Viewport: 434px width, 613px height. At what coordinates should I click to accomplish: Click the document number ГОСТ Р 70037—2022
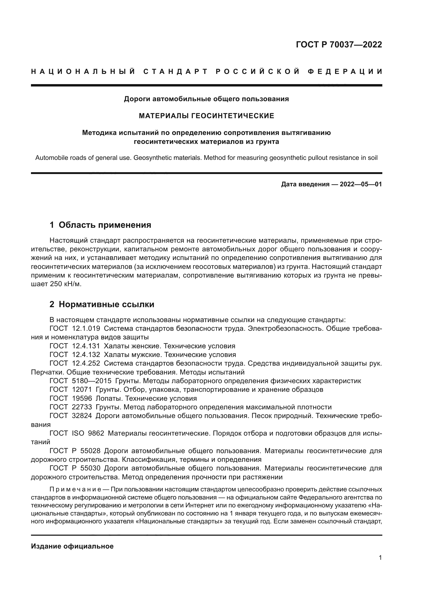(x=339, y=45)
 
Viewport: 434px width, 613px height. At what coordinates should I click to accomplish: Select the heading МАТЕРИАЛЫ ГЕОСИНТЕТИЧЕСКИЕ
(x=206, y=116)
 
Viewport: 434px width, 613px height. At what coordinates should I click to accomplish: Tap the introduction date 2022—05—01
(x=361, y=184)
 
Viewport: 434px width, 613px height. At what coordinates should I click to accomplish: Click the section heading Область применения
(x=105, y=225)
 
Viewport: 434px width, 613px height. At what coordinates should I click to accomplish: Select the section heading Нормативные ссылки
(x=106, y=304)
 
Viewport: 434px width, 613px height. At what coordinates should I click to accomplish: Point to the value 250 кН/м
(x=65, y=284)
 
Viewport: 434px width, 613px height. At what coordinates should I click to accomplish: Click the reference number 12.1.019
(x=86, y=329)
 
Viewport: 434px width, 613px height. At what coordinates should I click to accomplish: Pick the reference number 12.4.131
(x=86, y=346)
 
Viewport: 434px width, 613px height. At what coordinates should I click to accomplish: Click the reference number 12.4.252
(x=86, y=363)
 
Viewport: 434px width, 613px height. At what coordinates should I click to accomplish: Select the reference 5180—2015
(x=92, y=381)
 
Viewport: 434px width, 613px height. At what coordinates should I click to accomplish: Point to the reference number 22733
(x=82, y=407)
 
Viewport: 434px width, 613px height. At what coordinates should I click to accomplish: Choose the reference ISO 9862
(x=88, y=433)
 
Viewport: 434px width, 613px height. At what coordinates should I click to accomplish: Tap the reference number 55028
(x=90, y=451)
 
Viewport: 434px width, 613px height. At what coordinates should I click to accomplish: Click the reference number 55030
(x=90, y=468)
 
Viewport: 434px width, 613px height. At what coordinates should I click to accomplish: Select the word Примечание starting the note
(x=75, y=490)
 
